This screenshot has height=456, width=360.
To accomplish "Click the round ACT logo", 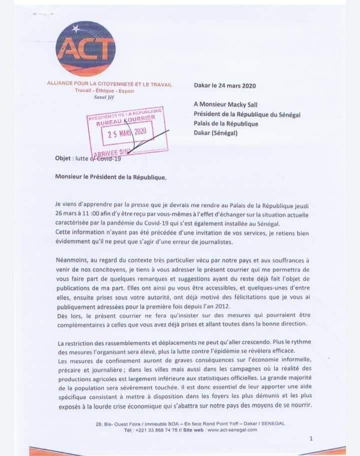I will coord(85,48).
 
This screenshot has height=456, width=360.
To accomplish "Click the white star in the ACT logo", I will coord(75,28).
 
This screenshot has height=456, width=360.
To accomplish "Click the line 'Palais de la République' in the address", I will coord(225,124).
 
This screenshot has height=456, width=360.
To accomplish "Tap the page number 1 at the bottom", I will coord(311,438).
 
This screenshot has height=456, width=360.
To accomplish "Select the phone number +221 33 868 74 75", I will coord(153,429).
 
